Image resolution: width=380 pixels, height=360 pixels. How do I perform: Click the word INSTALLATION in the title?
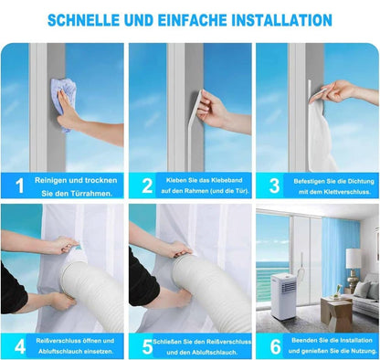(282, 20)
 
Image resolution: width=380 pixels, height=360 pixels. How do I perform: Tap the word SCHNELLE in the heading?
(83, 20)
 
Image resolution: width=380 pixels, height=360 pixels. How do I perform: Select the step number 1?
(20, 185)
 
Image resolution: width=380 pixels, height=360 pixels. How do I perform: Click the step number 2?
(147, 185)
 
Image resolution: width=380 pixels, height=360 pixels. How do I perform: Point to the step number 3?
(274, 185)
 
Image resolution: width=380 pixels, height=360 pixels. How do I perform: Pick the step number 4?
(20, 346)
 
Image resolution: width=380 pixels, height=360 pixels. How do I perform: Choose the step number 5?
(147, 346)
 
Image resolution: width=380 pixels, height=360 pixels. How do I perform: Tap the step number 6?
(275, 346)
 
